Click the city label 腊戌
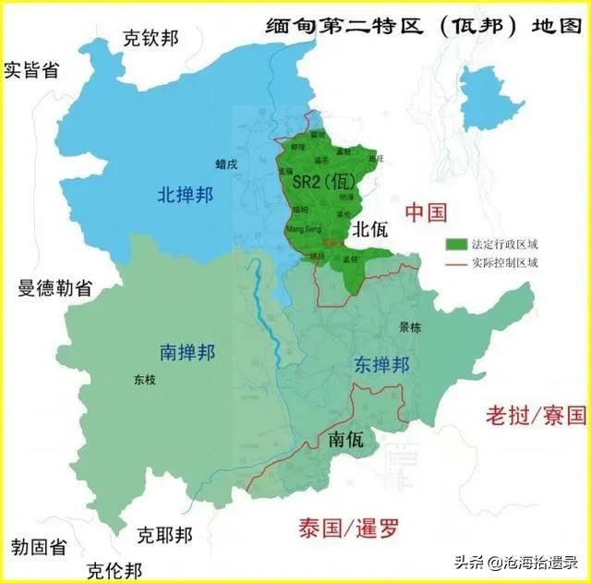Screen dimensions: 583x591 click(226, 164)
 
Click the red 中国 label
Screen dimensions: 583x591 click(426, 213)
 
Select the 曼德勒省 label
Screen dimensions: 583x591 click(54, 287)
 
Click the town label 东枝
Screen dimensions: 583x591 click(144, 378)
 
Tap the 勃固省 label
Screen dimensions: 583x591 click(39, 547)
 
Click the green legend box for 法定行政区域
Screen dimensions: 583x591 click(456, 244)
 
